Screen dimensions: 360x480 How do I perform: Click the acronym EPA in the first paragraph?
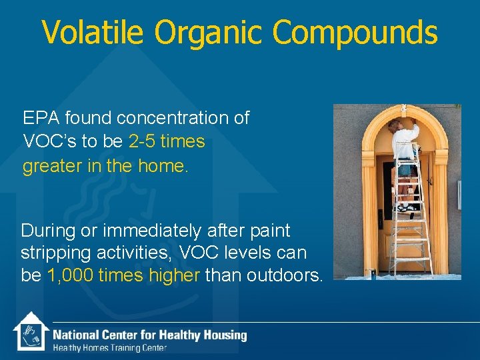[39, 119]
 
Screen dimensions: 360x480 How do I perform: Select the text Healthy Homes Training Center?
[110, 348]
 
